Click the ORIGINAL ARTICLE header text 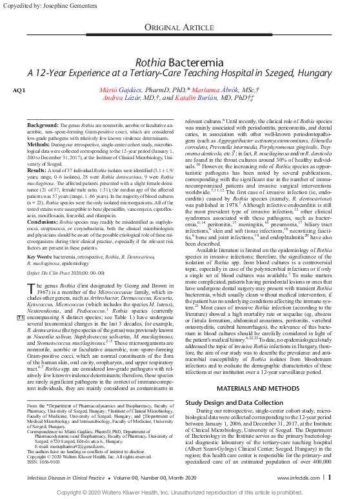coord(179,26)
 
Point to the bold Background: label coord(43,124)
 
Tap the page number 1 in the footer coord(330,477)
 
